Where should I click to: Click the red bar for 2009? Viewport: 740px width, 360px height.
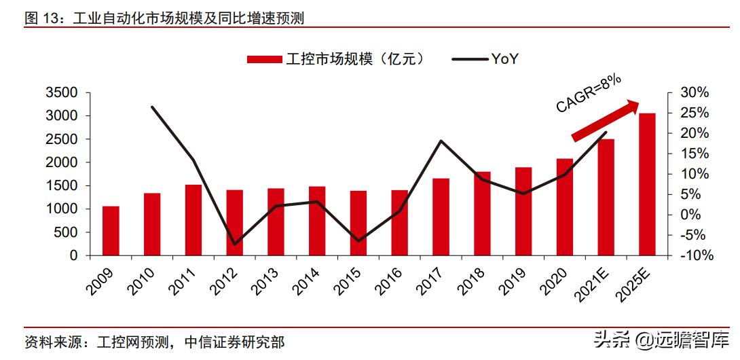(111, 231)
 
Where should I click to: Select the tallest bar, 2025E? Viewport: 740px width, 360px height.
(648, 184)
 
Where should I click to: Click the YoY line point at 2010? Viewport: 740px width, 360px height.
(152, 107)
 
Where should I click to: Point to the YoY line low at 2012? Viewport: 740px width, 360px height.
(234, 244)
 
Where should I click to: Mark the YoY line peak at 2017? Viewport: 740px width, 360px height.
(441, 141)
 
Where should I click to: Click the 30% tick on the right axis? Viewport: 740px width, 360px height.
(695, 92)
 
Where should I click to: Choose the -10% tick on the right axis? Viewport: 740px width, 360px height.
(694, 256)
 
